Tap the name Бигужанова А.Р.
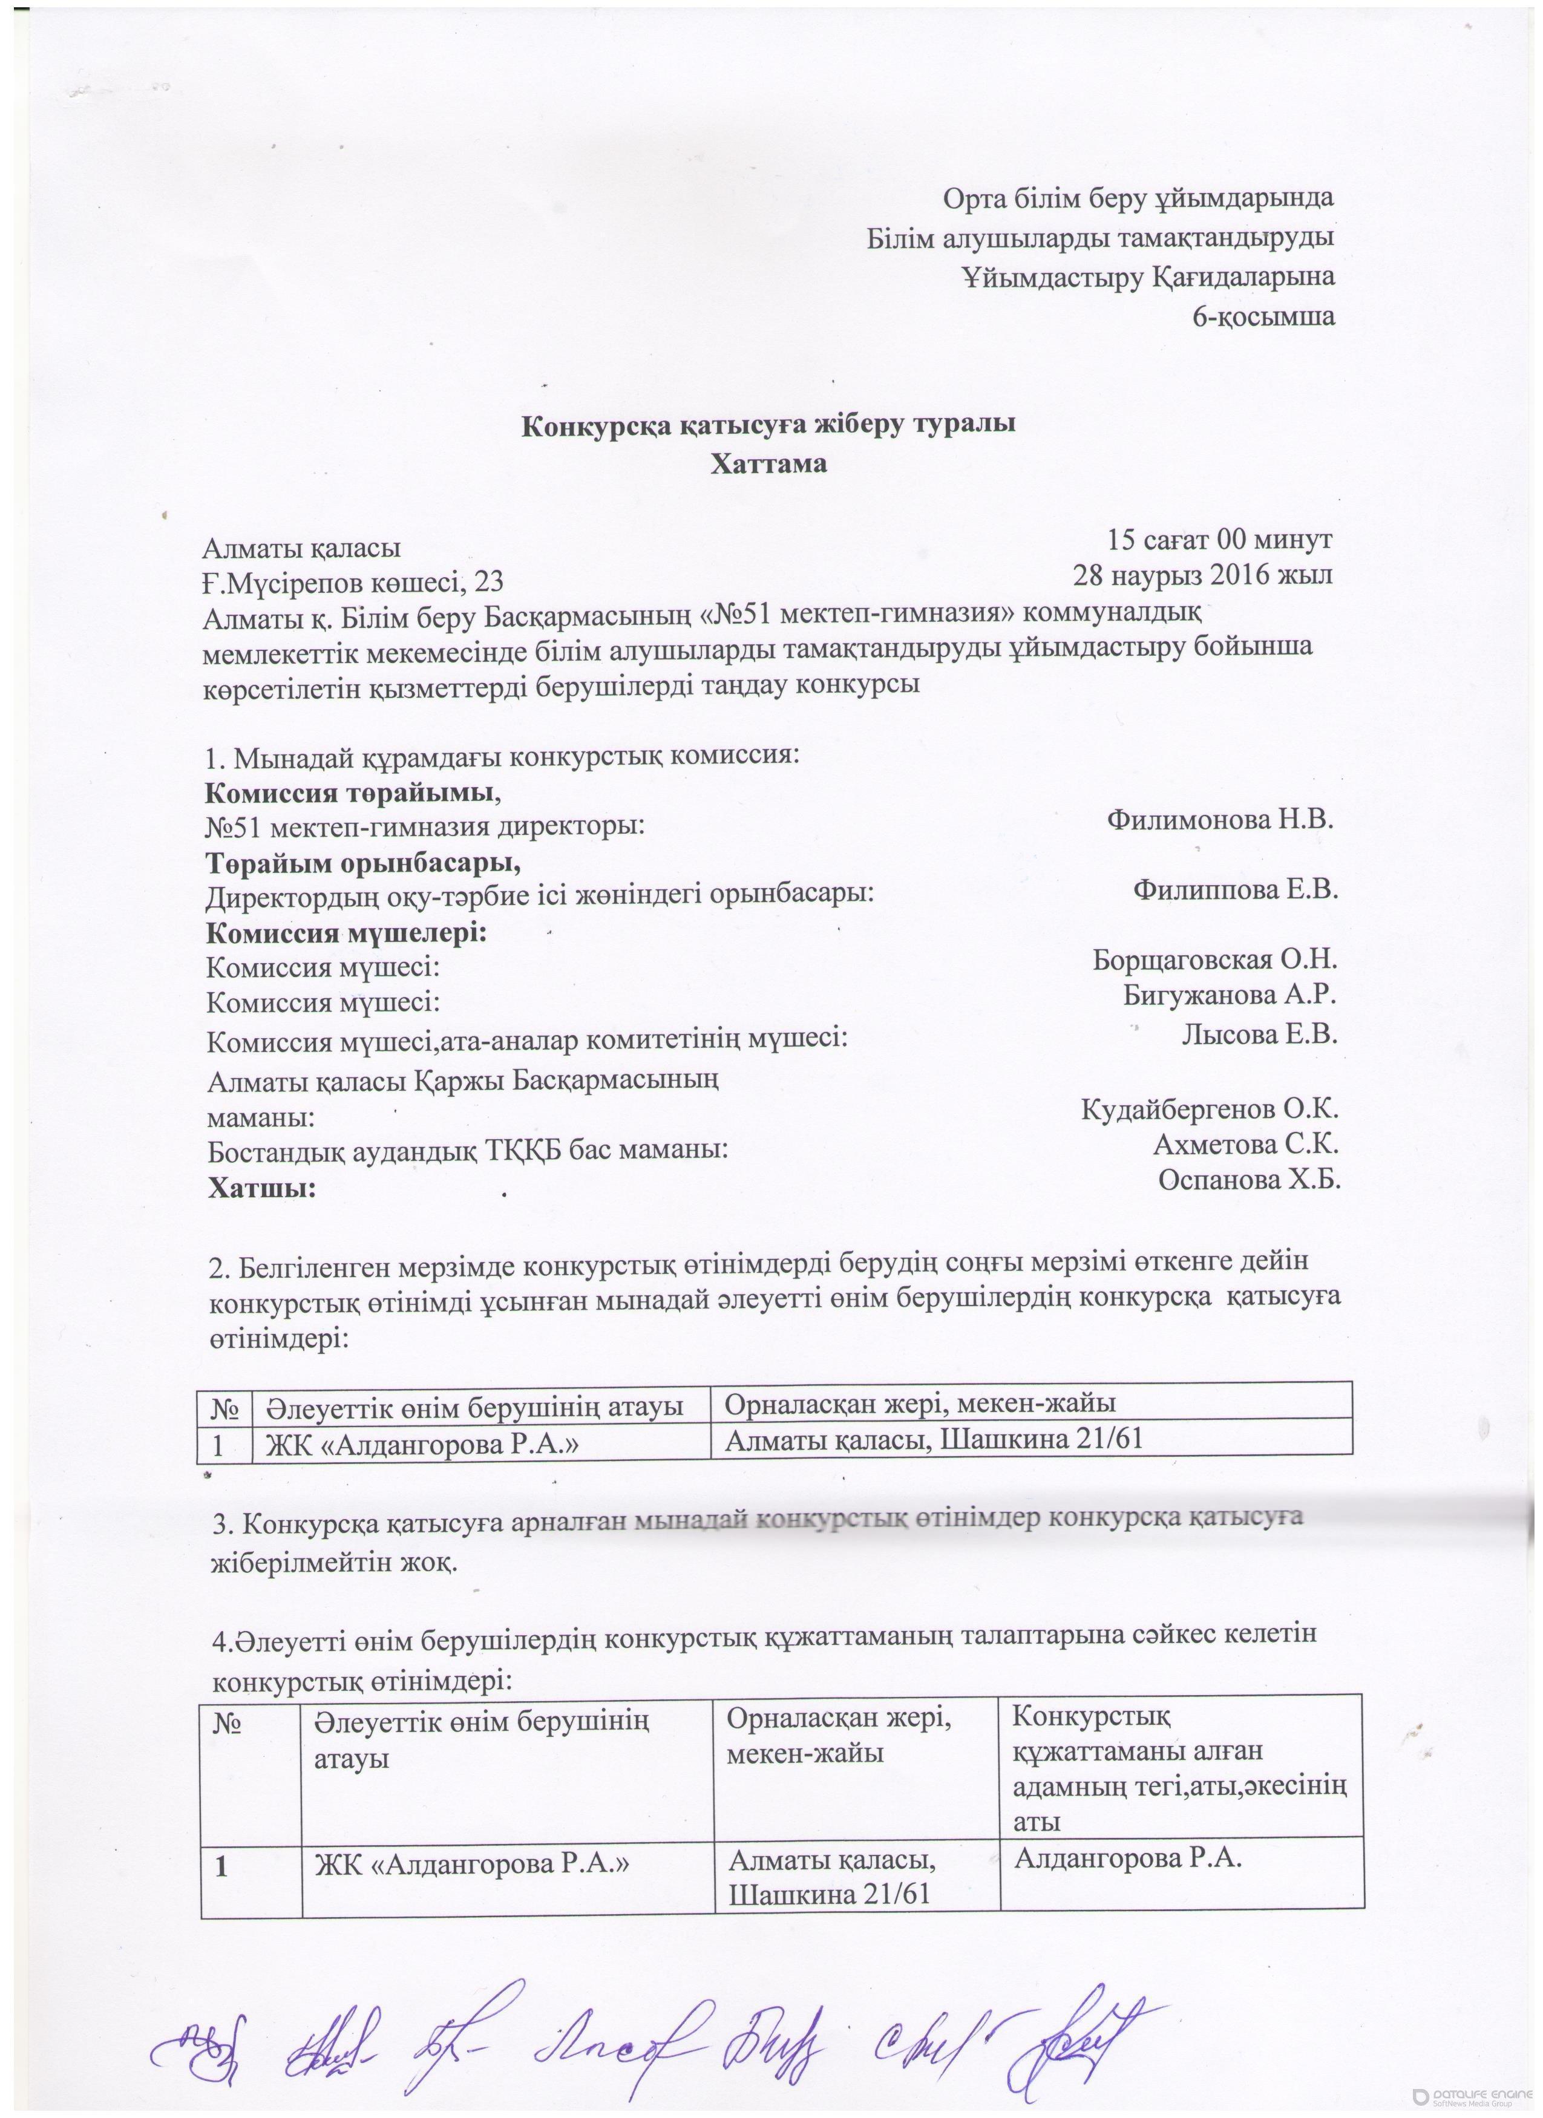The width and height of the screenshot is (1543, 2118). (1230, 995)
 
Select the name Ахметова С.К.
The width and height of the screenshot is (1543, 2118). (1246, 1144)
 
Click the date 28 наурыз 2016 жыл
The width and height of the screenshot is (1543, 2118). (1202, 574)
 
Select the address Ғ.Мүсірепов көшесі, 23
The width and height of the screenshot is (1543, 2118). (354, 583)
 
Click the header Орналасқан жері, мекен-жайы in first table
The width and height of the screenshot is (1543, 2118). (921, 1403)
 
